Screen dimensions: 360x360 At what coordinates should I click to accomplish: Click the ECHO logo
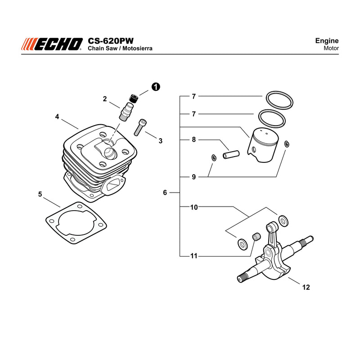pos(52,44)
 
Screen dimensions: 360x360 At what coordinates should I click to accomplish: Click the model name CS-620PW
pos(110,41)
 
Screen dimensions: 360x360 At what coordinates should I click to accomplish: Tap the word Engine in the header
pos(327,41)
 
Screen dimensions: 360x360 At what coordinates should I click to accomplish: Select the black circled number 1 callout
pos(156,87)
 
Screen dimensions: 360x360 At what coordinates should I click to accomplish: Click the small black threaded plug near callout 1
pos(134,98)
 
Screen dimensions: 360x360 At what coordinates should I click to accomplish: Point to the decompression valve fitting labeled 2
pos(126,111)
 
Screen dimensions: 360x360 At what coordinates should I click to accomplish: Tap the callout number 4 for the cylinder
pos(57,117)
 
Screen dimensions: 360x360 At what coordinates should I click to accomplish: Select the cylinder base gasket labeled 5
pos(76,223)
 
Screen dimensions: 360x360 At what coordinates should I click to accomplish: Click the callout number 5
pos(40,194)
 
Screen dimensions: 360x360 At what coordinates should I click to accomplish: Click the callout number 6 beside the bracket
pos(165,193)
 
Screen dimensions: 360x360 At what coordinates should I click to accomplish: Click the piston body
pos(263,145)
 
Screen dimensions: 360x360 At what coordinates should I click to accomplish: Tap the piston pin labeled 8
pos(231,154)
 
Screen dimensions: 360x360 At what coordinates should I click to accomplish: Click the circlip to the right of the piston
pos(287,144)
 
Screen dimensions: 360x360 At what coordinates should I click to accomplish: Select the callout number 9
pos(194,177)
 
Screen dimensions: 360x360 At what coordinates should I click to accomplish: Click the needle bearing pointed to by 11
pos(256,237)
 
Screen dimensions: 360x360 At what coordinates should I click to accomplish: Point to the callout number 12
pos(306,287)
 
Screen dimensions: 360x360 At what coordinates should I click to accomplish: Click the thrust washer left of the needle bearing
pos(242,244)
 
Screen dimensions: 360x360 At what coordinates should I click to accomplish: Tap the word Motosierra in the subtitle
pos(137,48)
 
